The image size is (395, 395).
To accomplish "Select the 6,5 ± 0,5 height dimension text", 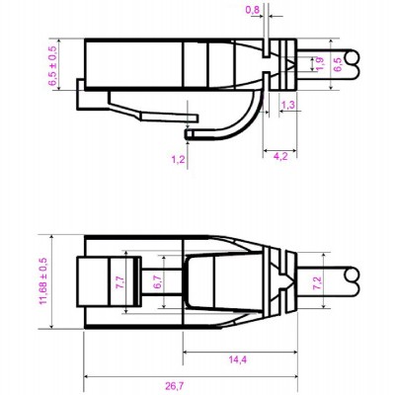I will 53,65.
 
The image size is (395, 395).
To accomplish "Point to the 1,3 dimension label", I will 289,104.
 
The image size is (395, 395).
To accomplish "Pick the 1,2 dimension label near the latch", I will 178,158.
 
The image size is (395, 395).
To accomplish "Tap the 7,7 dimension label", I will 119,281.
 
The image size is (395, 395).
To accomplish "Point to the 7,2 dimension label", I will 317,281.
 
